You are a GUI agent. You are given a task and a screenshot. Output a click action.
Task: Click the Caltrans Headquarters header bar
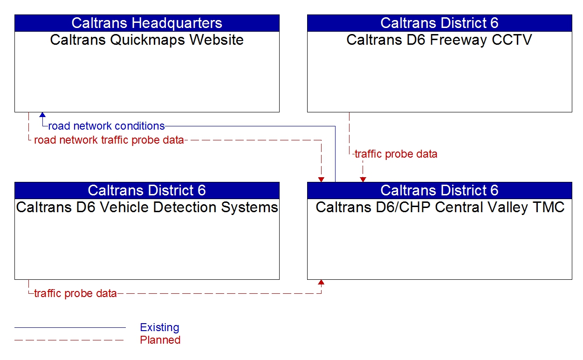coord(147,23)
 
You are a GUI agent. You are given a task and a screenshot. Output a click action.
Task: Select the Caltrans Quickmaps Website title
coord(147,40)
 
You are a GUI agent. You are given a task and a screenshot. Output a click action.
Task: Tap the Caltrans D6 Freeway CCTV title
coord(439,40)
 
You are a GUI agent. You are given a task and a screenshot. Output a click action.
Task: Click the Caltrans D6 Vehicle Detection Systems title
coord(147,207)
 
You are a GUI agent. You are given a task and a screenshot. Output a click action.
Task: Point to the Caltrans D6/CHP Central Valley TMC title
coord(439,207)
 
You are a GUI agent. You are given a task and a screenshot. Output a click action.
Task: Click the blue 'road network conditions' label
coord(106,126)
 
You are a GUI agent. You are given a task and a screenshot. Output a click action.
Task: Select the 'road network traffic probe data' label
coord(109,140)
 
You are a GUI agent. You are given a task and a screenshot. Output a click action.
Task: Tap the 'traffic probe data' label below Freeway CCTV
coord(396,154)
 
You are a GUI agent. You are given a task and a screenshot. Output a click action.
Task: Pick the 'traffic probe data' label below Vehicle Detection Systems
coord(75,294)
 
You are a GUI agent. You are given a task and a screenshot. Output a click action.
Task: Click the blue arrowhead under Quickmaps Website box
coord(42,115)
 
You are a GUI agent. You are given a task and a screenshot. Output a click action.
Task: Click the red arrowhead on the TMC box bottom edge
coord(321,282)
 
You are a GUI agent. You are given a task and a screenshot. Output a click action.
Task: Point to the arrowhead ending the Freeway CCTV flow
coord(363,180)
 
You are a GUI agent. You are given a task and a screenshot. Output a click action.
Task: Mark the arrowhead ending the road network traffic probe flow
coord(321,180)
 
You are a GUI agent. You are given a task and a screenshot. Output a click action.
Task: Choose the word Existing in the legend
coord(159,327)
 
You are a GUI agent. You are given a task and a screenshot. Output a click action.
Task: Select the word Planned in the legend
coord(160,340)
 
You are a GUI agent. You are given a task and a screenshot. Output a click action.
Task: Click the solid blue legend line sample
coord(70,327)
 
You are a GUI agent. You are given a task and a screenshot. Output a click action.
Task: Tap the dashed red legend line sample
coord(70,340)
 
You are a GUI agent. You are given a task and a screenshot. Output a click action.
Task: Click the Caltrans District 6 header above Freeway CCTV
coord(439,23)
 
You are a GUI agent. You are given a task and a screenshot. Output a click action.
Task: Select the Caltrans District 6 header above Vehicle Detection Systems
coord(147,190)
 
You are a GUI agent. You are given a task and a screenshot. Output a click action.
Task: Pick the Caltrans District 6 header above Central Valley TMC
coord(439,190)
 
